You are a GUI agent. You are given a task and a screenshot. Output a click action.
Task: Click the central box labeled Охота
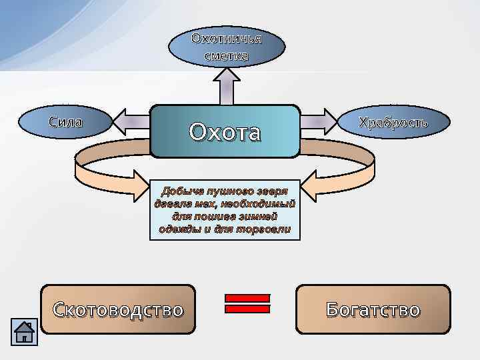coord(225,131)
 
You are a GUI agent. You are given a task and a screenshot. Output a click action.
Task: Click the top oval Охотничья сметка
coord(227,47)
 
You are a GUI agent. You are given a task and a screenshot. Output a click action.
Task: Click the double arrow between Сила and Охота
coord(131,122)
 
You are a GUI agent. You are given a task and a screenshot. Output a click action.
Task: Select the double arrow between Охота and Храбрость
coord(319,122)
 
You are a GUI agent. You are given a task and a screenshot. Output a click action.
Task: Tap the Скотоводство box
coord(118,309)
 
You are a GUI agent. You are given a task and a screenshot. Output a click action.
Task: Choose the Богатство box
coord(373,309)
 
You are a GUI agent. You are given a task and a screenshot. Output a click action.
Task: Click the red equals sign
coord(247,303)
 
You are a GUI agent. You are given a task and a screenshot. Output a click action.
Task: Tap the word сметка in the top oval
coord(227,56)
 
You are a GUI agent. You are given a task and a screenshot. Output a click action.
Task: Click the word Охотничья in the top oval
coord(227,38)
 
